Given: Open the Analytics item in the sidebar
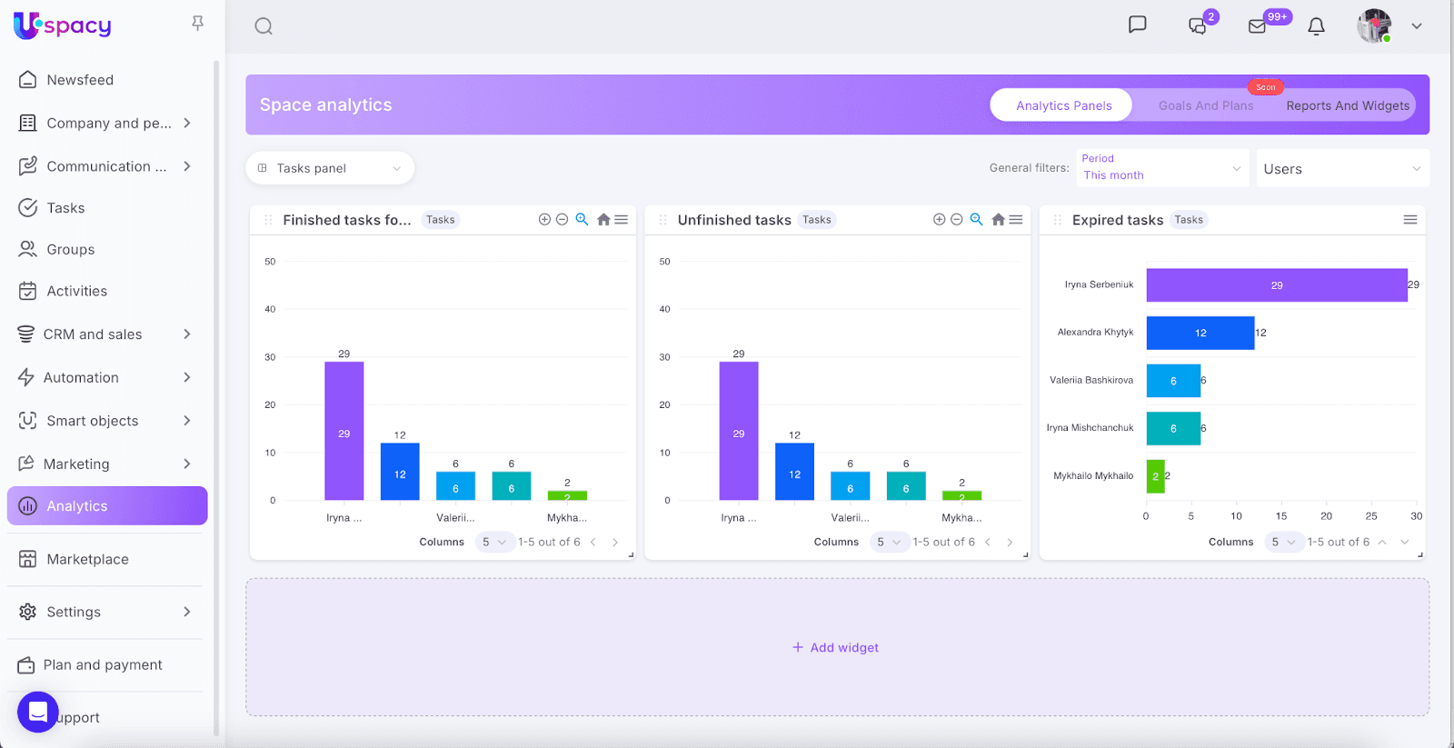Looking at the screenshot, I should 107,506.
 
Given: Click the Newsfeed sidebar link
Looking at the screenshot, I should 80,80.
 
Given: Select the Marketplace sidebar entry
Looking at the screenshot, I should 87,559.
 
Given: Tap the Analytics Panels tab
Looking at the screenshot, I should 1063,105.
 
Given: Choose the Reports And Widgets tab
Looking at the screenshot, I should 1348,105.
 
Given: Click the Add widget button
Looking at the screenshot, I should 836,647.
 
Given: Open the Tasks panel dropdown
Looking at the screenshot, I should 330,168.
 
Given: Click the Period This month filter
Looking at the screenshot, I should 1161,168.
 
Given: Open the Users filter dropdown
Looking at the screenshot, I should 1341,169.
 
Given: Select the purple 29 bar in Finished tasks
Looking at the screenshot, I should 344,431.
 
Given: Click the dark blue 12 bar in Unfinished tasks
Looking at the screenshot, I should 794,472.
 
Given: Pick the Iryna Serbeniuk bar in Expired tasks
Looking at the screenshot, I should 1276,285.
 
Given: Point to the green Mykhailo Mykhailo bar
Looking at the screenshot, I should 1155,476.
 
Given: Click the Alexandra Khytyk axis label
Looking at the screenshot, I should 1095,333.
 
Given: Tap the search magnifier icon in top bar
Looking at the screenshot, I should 264,26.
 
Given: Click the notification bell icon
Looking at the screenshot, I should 1316,26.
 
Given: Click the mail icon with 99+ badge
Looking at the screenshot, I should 1258,26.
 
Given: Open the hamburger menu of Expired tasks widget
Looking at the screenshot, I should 1409,220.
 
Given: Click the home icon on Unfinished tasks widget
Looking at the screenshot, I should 998,220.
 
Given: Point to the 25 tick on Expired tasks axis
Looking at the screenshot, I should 1371,516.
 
